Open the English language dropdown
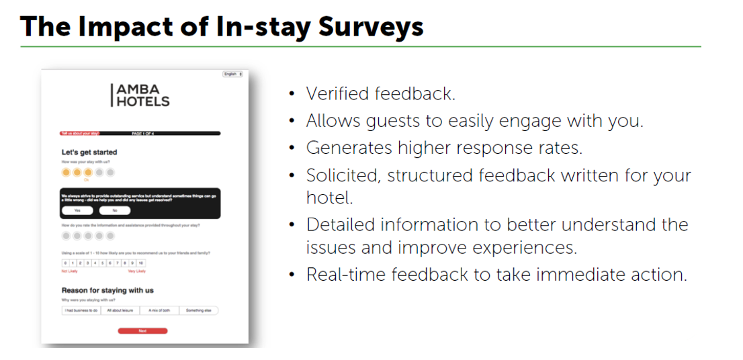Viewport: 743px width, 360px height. [232, 74]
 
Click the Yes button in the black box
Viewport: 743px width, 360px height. [77, 210]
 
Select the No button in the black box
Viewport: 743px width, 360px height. [114, 210]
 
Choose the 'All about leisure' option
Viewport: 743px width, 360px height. [120, 311]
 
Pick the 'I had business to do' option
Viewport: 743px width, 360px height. [81, 311]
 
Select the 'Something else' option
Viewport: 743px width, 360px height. [198, 311]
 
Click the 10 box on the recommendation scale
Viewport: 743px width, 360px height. [140, 263]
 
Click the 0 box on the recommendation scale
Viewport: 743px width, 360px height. [65, 263]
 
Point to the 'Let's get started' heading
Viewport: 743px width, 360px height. [89, 152]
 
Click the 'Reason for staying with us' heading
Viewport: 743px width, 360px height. [107, 290]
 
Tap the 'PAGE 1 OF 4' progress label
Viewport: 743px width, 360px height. [142, 134]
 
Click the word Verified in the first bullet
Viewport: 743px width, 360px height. [339, 93]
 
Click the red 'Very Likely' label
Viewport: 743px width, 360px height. [136, 271]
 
